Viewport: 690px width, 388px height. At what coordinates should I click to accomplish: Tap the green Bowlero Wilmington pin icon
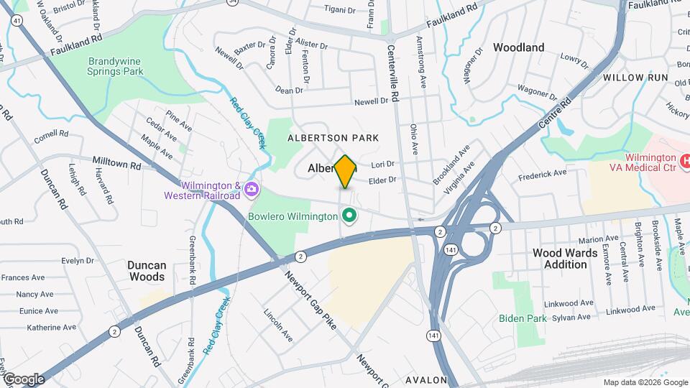tap(350, 216)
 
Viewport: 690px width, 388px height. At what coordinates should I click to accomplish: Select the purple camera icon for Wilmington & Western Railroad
tap(252, 190)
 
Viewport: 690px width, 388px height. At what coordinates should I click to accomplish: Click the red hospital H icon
tap(685, 158)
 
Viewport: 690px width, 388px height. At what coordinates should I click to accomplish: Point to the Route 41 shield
tap(17, 21)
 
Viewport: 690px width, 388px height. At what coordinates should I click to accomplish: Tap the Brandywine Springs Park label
tap(115, 66)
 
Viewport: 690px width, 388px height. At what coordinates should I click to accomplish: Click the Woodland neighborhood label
tap(518, 47)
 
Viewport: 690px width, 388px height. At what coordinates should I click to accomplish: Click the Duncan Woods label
tap(147, 270)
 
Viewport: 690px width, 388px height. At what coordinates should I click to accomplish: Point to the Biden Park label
tap(523, 318)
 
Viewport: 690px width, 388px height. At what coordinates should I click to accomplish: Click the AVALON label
tap(427, 380)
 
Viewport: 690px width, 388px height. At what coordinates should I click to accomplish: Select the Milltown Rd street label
tap(117, 164)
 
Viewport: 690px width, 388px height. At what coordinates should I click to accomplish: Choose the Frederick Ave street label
tap(543, 173)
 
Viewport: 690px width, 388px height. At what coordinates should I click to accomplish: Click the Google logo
tap(23, 379)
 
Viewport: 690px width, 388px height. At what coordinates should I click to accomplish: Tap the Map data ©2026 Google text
tap(644, 382)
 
